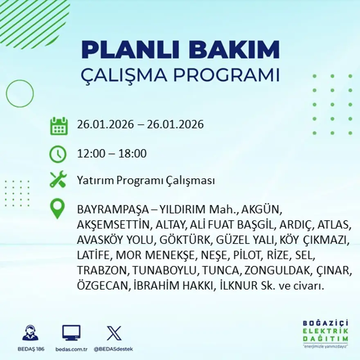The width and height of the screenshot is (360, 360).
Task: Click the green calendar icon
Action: pos(59,126)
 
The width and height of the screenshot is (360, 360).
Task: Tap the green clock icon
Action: pos(58,154)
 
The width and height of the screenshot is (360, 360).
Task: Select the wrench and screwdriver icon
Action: pos(58,180)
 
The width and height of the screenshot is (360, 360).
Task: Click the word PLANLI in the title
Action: pos(128,50)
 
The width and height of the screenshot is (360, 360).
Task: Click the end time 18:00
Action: pos(133,154)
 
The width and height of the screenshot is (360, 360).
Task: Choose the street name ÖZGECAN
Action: pos(103,286)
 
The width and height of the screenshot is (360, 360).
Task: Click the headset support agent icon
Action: pos(30,333)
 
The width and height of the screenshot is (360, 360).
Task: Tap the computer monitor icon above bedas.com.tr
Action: pos(71,333)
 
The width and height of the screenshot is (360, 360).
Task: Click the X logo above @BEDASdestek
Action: pos(114,333)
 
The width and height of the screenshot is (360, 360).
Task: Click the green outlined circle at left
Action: pos(20,94)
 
